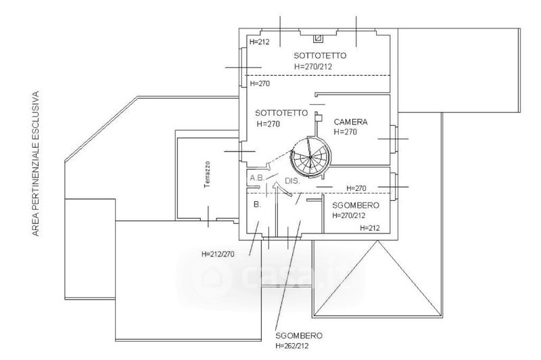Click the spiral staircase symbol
coord(309,158)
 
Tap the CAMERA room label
coord(350,122)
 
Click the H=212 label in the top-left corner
coord(259,42)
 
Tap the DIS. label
coord(291,181)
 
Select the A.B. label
coord(257,178)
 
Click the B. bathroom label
coord(257,204)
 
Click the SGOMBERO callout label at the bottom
coord(298,336)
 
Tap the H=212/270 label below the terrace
coord(217,254)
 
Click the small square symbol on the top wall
coord(319,39)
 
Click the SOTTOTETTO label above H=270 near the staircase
coord(282,113)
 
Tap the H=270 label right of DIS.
coord(356,187)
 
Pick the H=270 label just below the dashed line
coord(260,84)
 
